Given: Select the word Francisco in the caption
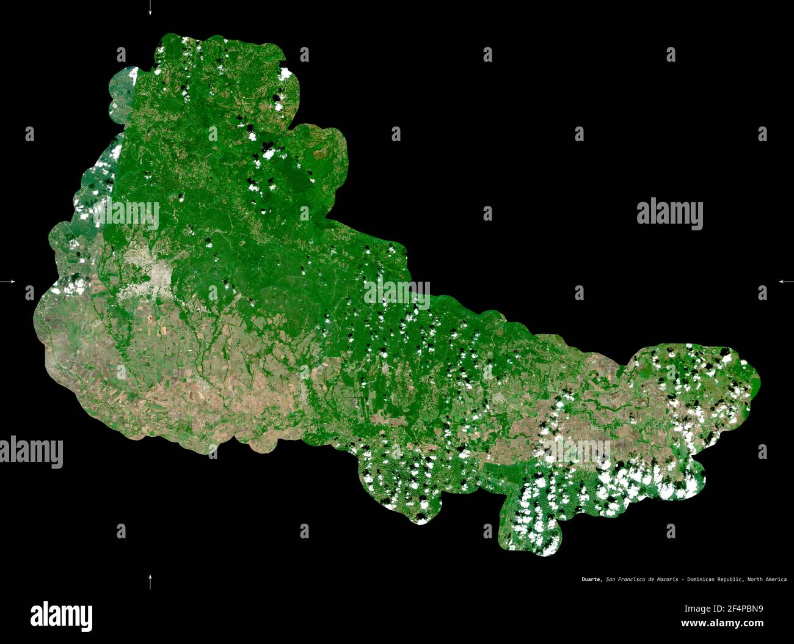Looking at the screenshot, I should (x=630, y=579).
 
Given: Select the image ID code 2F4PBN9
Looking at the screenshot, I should (x=723, y=609).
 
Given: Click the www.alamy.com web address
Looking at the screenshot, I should (x=722, y=624).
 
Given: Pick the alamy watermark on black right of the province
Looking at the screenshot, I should (x=669, y=214).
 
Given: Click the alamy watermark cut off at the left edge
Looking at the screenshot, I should (x=31, y=452).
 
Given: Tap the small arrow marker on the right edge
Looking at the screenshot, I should (x=785, y=282).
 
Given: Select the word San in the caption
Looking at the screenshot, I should (x=610, y=579).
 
